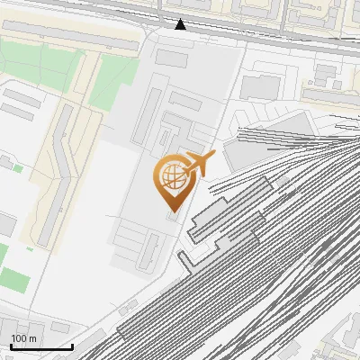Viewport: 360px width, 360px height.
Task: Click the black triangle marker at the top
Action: coord(181,24)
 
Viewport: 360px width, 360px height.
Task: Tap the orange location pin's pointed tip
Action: coord(171,211)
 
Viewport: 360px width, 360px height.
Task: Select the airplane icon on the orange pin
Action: coord(198,164)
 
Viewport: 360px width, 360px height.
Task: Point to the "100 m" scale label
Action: coord(24,338)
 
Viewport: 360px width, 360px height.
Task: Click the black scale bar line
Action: coord(41,346)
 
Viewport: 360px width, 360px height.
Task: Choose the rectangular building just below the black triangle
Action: coord(171,57)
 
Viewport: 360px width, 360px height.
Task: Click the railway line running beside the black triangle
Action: coord(234,36)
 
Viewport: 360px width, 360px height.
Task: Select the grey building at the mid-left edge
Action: coord(6,224)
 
